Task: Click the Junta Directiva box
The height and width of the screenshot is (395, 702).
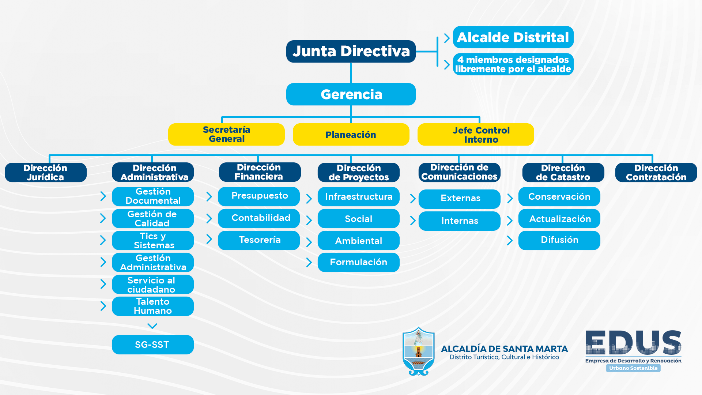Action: point(351,51)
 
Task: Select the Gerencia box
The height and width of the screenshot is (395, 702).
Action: point(351,94)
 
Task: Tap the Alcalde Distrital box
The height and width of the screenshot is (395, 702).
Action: point(513,37)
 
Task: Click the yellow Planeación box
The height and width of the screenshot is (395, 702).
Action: point(351,135)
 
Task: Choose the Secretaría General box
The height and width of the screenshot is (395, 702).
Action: point(226,135)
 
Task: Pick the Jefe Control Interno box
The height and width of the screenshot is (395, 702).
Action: point(476,135)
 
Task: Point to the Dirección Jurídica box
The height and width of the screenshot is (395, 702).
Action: point(46,172)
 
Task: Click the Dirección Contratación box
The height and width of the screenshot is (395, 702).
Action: point(656,172)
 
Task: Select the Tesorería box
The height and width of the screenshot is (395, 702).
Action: point(259,240)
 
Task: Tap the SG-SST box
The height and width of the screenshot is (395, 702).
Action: point(153,345)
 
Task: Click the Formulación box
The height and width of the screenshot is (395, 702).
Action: point(359,262)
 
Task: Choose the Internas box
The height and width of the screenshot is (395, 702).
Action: point(460,221)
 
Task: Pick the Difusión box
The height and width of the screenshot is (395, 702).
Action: point(559,240)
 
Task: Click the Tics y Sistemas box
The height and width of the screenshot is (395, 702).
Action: point(153,240)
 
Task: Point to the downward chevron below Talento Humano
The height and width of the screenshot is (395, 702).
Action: point(152,326)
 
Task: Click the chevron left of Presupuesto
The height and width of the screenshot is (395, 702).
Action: point(209,196)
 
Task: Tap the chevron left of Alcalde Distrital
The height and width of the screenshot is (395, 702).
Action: point(447,38)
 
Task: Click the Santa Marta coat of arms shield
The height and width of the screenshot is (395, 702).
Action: point(419,351)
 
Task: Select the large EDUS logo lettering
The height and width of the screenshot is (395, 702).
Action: point(634,342)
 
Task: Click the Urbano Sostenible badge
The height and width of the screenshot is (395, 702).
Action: point(633,368)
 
